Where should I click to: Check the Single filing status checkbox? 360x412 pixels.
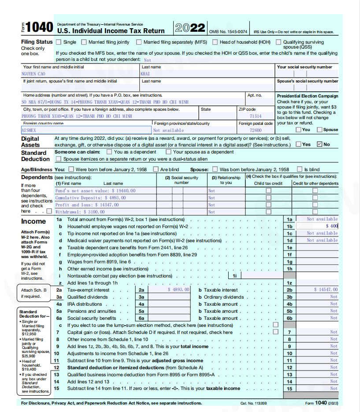click(x=58, y=42)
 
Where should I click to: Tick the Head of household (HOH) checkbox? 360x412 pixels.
click(x=215, y=42)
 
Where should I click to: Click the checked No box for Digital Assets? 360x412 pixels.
click(x=320, y=144)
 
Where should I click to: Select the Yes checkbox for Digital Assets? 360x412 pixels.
click(x=299, y=144)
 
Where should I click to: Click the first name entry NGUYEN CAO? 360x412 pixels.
click(x=33, y=74)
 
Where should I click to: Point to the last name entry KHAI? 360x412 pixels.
click(x=145, y=74)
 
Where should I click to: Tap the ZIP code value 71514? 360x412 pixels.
click(x=256, y=116)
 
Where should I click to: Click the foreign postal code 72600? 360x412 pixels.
click(x=256, y=131)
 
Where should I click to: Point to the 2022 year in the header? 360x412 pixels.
click(x=190, y=28)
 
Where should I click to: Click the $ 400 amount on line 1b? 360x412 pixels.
click(x=332, y=226)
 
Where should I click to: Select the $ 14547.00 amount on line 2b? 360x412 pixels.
click(x=326, y=290)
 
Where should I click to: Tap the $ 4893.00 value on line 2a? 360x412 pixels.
click(x=179, y=290)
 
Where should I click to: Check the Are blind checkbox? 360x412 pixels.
click(x=156, y=169)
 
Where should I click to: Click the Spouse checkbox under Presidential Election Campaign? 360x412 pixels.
click(x=320, y=130)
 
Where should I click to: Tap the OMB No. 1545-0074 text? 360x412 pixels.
click(x=228, y=32)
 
